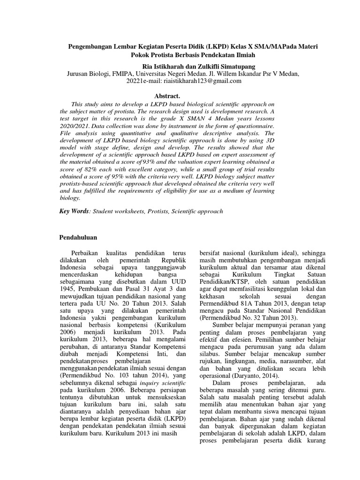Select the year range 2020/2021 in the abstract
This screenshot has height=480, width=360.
pyautogui.click(x=75, y=127)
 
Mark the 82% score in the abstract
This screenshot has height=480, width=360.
pyautogui.click(x=89, y=169)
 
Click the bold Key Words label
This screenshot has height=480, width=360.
pyautogui.click(x=74, y=211)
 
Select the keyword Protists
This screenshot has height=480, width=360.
pyautogui.click(x=150, y=212)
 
